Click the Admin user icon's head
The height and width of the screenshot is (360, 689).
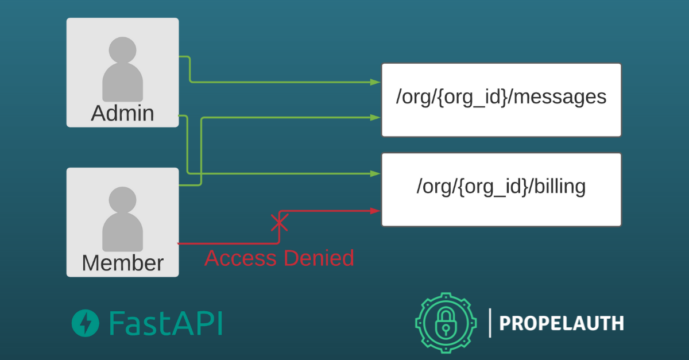122,50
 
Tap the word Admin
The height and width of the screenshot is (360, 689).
122,113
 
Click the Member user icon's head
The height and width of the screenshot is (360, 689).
122,200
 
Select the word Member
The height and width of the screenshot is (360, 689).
122,263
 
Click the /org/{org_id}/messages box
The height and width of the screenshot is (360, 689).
501,99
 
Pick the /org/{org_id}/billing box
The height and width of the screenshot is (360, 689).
501,189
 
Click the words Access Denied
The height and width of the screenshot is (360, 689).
279,258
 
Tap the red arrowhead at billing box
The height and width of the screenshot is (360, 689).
376,211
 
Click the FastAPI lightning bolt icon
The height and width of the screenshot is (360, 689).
84,323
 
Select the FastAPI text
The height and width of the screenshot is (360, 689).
165,323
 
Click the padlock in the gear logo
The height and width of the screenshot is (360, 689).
446,324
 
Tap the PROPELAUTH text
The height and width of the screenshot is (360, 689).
561,323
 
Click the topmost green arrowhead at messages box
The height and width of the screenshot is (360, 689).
376,82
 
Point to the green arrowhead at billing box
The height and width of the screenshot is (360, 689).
376,173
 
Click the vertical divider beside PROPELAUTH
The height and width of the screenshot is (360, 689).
490,323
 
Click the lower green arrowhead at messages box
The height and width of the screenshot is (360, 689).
376,118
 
